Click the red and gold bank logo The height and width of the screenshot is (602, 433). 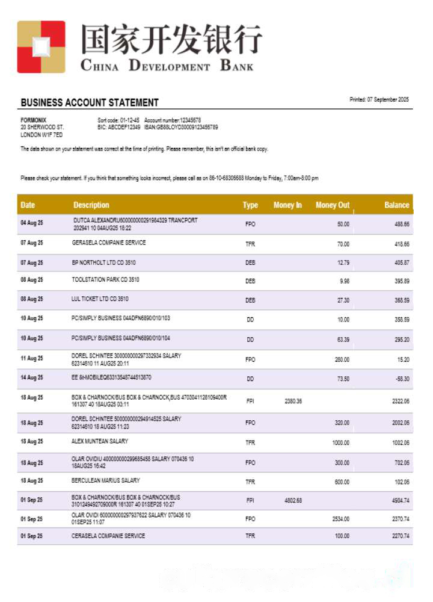coord(41,46)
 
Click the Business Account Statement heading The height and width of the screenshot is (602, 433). coord(90,102)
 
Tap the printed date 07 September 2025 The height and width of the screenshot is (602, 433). coord(379,99)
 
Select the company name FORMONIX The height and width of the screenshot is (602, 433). coord(33,120)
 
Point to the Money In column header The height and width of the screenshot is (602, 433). coord(287,205)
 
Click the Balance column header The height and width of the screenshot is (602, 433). coord(396,205)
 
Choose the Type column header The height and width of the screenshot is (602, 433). coord(250,205)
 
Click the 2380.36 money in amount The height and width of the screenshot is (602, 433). coord(293,401)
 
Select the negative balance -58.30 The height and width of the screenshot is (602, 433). coord(402,379)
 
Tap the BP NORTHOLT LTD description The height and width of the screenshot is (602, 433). coord(103,262)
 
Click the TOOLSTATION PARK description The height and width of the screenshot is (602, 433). coord(105,279)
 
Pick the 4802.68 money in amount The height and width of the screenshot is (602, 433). coord(293,500)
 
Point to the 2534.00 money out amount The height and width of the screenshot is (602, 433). coord(340,519)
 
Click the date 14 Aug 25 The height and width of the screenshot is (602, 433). coord(32,378)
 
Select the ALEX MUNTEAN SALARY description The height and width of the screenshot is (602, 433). coord(100,441)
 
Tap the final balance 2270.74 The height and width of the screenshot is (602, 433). coord(401,536)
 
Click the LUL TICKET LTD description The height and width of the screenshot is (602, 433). coord(100,299)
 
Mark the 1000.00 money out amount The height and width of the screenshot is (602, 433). coord(340,443)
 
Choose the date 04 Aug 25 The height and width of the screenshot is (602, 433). coord(32,223)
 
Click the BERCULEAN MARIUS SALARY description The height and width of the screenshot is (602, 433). coord(106,480)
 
